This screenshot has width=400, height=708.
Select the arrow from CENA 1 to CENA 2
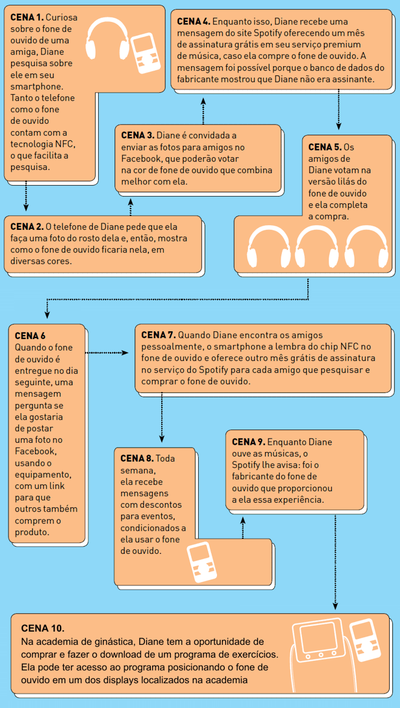coord(26,196)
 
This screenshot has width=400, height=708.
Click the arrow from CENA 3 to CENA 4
coord(203,110)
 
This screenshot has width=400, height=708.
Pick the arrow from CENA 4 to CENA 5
coord(339,110)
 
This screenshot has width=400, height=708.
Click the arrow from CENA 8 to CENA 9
coord(243,527)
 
